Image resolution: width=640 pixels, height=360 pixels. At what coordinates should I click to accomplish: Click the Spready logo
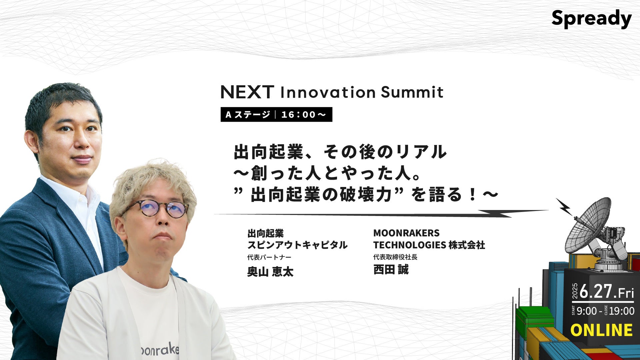pos(591,19)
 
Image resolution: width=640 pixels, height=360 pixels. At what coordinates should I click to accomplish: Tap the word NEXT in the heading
pos(247,92)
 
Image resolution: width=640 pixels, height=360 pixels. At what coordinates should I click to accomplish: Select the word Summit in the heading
pos(412,92)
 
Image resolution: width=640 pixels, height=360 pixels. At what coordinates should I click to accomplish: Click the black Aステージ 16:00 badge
pos(276,114)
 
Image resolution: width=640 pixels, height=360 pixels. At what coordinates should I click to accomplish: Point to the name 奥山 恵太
pos(270,272)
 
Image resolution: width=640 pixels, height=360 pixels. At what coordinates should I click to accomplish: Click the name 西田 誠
pos(391,269)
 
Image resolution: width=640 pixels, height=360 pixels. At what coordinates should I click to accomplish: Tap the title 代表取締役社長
pos(395,257)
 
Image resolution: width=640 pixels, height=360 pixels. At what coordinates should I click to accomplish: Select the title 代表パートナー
pos(269,257)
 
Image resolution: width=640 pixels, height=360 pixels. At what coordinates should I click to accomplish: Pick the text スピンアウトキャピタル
pos(297,245)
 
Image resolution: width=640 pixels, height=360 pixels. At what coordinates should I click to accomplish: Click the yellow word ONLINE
pos(601,330)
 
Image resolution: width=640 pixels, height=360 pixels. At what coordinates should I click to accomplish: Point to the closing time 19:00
pos(621,311)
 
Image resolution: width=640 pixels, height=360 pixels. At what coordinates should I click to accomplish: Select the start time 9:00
pos(587,311)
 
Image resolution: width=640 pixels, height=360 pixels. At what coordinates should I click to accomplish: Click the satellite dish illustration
pos(595,233)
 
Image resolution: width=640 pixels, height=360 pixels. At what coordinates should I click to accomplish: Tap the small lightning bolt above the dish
pos(564,206)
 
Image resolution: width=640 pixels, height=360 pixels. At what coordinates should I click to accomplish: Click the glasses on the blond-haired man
pos(155,208)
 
